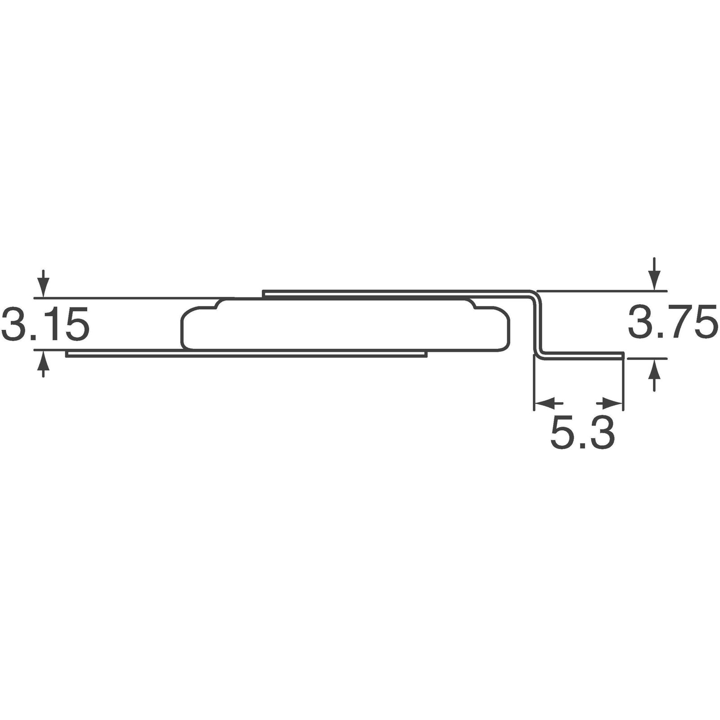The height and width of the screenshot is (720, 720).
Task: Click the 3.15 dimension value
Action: tap(45, 323)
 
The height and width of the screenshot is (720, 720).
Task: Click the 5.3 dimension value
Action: tap(582, 433)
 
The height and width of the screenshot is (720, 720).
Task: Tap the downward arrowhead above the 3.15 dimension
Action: tap(43, 288)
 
